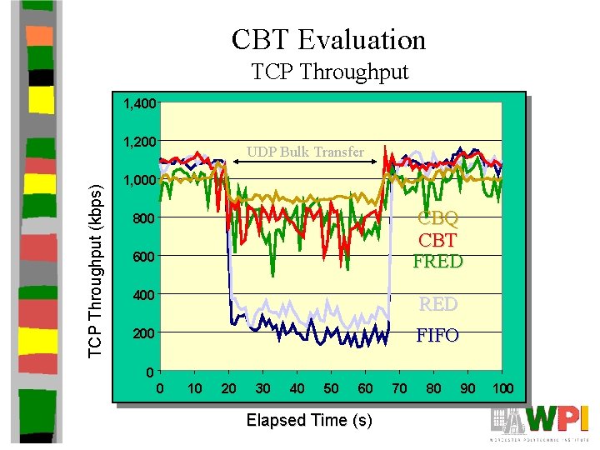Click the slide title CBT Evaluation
[x=328, y=39]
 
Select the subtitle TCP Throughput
[x=330, y=72]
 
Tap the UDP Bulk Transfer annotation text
[x=305, y=152]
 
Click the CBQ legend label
[x=437, y=218]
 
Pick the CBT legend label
[x=437, y=240]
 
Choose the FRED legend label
[x=437, y=261]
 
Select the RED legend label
[x=437, y=304]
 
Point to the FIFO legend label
[x=437, y=336]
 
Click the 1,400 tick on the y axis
[x=138, y=103]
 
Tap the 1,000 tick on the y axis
[x=138, y=180]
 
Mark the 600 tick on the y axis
[x=143, y=257]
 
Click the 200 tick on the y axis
[x=143, y=333]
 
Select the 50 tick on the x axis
[x=331, y=388]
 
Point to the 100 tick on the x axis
[x=502, y=388]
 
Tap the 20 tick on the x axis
[x=228, y=388]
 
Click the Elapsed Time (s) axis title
[x=309, y=420]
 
